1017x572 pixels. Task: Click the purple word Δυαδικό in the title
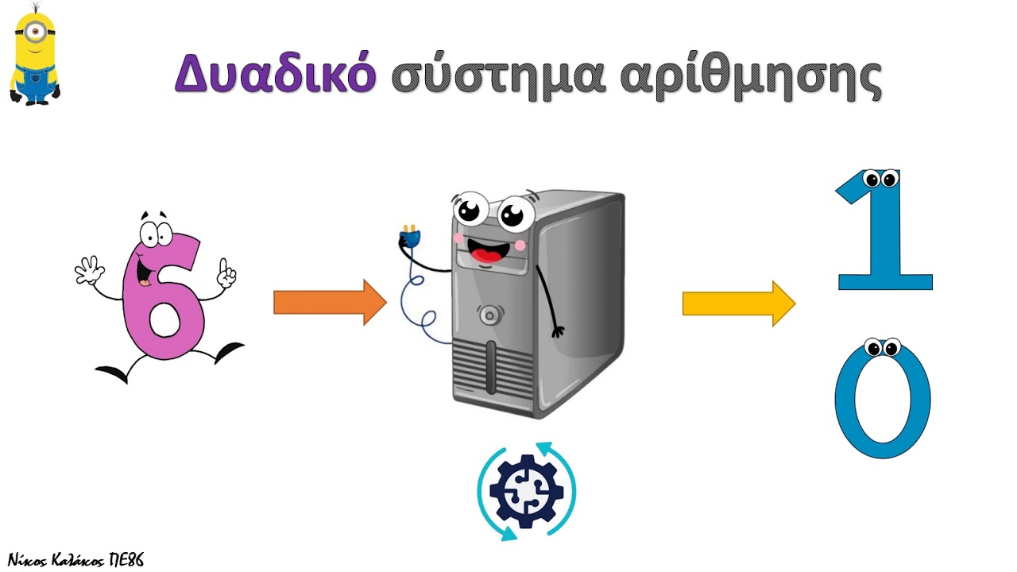click(276, 72)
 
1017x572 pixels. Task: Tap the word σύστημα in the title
click(498, 76)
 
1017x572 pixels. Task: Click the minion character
click(35, 55)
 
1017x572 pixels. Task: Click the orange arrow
click(330, 303)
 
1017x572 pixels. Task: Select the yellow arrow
click(739, 303)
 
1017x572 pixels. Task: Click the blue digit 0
click(883, 399)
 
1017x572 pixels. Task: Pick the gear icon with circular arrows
click(527, 491)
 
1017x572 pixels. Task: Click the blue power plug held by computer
click(409, 237)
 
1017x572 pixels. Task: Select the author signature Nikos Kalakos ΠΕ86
click(75, 560)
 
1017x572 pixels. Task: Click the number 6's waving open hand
click(90, 271)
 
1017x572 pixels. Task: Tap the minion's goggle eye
click(35, 31)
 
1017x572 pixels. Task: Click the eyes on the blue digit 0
click(882, 348)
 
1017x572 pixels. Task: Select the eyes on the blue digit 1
click(881, 179)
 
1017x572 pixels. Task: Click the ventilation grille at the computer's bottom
click(493, 370)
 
